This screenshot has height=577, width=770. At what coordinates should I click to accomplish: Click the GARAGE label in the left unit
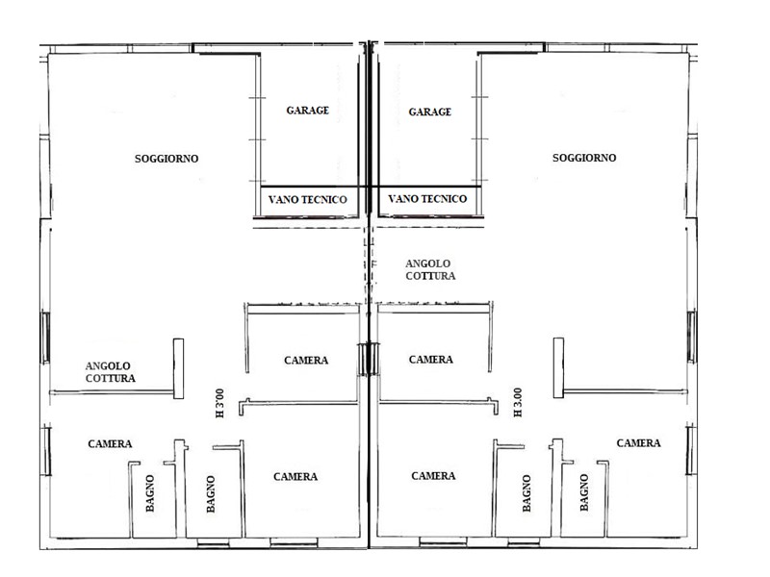pos(307,111)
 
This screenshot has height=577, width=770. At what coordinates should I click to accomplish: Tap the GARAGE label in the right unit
pos(429,112)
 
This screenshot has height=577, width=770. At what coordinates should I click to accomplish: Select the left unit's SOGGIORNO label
pos(167,159)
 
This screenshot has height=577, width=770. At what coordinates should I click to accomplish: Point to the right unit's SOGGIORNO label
pos(584,158)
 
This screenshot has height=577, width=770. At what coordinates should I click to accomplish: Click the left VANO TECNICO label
pos(307,200)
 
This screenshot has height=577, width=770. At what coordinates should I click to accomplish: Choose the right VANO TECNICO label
pos(427,199)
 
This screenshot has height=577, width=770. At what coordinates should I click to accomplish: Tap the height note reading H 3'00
pos(220,403)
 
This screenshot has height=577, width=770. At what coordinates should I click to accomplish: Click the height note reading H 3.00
pos(518,402)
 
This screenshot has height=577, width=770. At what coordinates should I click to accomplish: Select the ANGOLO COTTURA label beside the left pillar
pos(110,372)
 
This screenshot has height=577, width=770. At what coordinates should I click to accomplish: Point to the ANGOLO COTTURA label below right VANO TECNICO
pos(430,270)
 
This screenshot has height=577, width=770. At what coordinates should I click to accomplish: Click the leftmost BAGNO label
pos(150,493)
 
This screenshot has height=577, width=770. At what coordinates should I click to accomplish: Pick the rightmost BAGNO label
pos(584,492)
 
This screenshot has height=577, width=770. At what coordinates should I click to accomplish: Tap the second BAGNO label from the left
pos(211,494)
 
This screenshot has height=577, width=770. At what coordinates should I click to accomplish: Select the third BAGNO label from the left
pos(526,493)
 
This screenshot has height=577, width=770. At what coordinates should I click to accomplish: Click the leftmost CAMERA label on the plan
pos(110,444)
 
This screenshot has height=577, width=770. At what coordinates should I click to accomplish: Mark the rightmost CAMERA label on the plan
pos(638,443)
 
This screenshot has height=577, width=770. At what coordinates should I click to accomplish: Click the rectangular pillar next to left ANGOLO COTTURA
pos(178,368)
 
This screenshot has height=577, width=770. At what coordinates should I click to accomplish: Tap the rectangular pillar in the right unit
pos(558,367)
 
